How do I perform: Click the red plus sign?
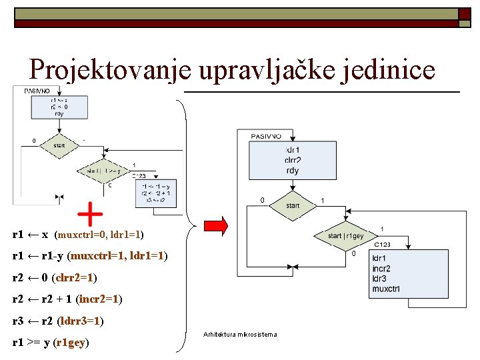(90, 214)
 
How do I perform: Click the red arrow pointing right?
(215, 225)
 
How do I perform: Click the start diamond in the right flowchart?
(293, 205)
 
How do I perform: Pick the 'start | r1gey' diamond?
(345, 236)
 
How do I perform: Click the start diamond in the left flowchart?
(59, 145)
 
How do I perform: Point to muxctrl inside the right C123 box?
(386, 289)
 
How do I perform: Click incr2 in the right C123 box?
(381, 268)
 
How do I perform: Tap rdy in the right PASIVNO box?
(292, 171)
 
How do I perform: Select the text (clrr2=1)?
(74, 277)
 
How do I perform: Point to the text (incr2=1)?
(99, 299)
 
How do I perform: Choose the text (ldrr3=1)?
(81, 321)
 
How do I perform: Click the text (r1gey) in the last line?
(71, 343)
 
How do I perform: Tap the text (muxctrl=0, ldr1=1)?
(99, 235)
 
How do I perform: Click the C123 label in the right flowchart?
(382, 245)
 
